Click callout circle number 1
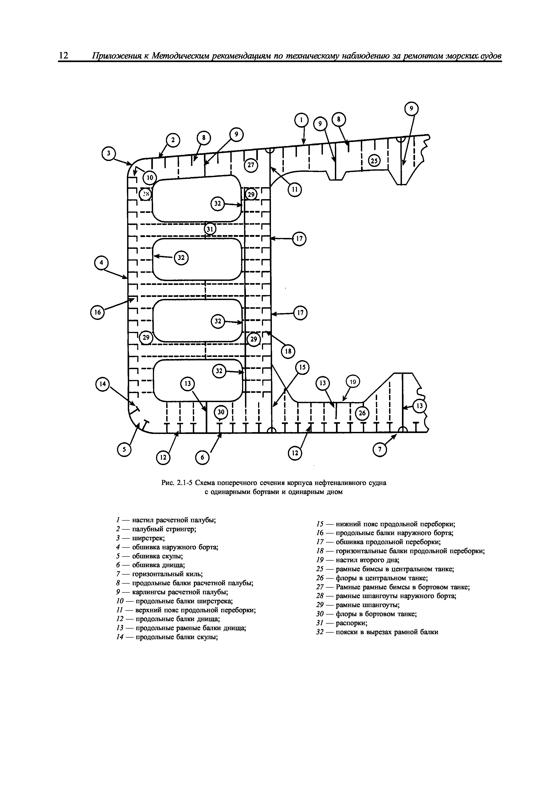301,120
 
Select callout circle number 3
109,154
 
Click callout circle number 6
203,457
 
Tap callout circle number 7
380,450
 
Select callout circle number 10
149,178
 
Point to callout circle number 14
102,384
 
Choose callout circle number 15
302,368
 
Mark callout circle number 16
97,312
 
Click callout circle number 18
288,352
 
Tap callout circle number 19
353,382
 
